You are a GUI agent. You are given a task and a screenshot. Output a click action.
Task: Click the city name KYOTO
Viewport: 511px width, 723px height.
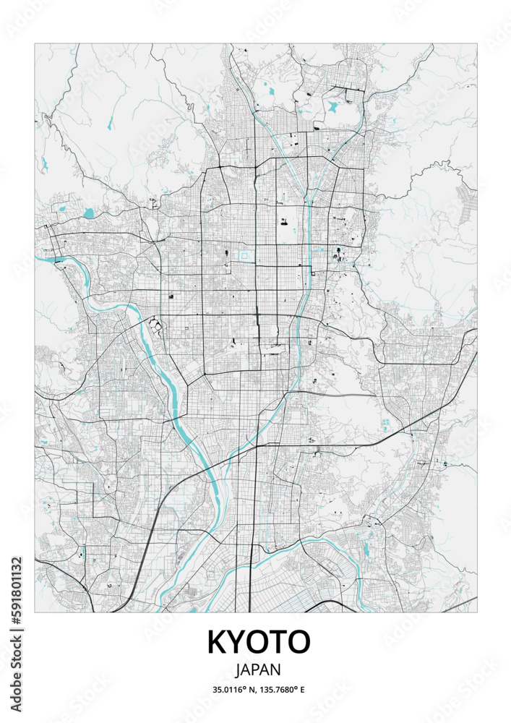point(259,642)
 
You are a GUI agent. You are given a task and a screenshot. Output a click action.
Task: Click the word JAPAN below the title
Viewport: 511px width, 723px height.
point(259,670)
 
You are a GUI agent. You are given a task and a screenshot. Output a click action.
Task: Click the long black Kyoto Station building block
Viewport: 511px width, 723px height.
point(274,351)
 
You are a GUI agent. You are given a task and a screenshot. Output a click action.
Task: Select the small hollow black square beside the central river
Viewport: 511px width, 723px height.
point(313,335)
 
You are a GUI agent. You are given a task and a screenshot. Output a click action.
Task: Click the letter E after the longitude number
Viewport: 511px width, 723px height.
point(302,690)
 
